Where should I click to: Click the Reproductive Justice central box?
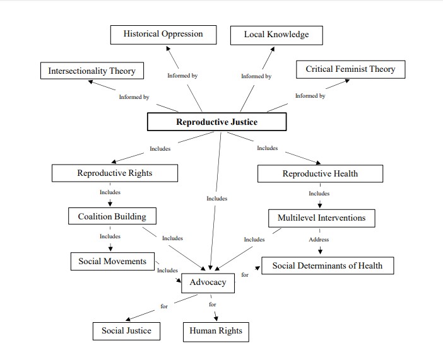tap(216, 122)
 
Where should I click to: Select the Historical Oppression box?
tap(163, 34)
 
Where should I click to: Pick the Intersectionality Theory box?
tap(92, 71)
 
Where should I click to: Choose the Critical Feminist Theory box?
tap(350, 69)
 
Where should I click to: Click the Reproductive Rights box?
tap(114, 173)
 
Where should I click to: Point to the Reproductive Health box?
tap(319, 173)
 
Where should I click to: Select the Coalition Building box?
tap(112, 216)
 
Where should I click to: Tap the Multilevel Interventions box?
tap(321, 218)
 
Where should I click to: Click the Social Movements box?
tap(112, 261)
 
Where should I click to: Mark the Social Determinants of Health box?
tap(327, 265)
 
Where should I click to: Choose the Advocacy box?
tap(208, 282)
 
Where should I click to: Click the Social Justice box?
tap(126, 330)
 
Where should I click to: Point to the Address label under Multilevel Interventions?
tap(319, 240)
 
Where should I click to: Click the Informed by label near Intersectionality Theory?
tap(134, 97)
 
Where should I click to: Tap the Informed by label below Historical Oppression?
tap(182, 76)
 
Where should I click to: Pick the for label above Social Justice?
tap(164, 306)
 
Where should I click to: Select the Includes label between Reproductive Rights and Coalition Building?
tap(110, 192)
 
